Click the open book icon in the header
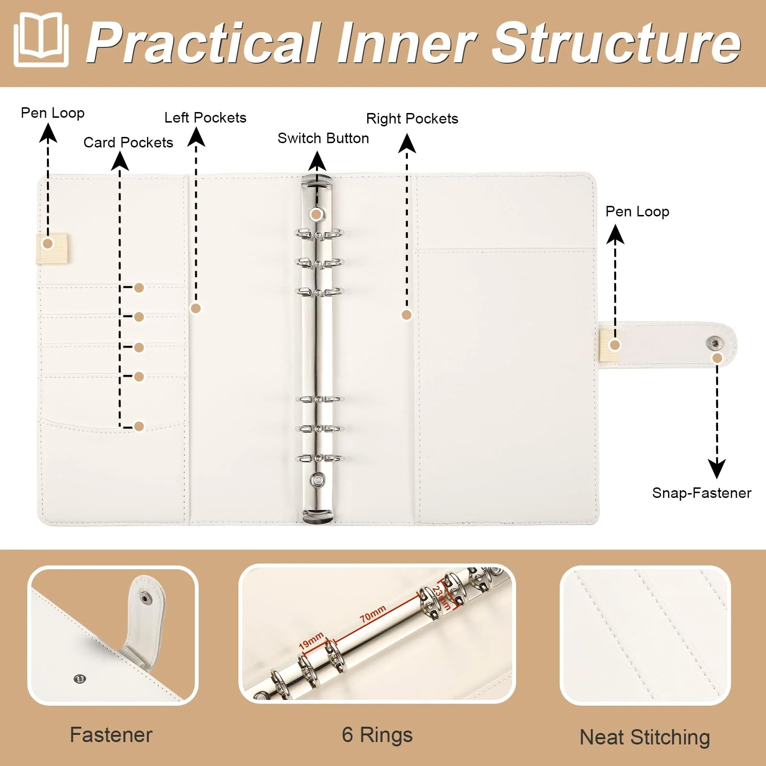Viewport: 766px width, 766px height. click(x=41, y=40)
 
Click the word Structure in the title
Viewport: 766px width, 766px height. click(x=617, y=43)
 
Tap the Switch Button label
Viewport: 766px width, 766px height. click(x=323, y=138)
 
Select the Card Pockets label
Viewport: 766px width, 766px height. click(x=128, y=142)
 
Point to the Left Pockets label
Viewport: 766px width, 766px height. click(x=205, y=118)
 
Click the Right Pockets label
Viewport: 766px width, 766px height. click(x=412, y=119)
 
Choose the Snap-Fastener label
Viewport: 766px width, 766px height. click(x=702, y=493)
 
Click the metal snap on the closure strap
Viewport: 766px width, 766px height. click(x=714, y=343)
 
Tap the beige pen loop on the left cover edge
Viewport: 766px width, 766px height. click(x=53, y=248)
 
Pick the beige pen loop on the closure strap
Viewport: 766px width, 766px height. click(x=609, y=345)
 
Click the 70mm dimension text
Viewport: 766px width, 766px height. click(x=373, y=614)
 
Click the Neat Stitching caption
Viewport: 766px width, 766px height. click(x=645, y=737)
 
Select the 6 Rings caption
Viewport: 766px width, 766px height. click(x=377, y=735)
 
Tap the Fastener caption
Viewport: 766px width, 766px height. click(x=111, y=735)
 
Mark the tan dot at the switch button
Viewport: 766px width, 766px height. click(x=316, y=214)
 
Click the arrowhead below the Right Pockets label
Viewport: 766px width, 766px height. click(x=407, y=143)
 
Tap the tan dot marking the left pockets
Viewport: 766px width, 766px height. click(x=195, y=308)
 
